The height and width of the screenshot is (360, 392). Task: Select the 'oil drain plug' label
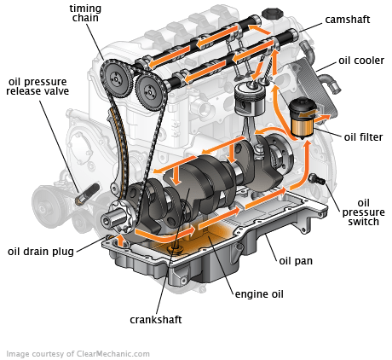[42, 251]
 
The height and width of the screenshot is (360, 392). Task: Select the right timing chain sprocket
[149, 90]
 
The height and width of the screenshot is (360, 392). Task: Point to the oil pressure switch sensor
[318, 178]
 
